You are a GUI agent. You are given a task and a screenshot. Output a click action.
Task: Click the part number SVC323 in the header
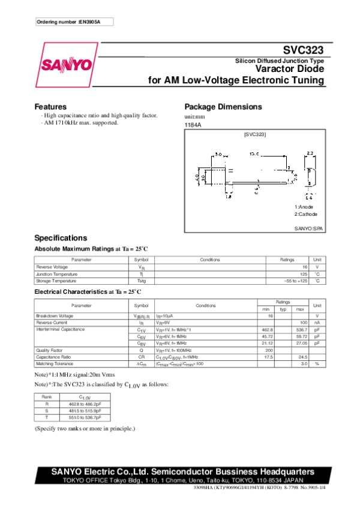tap(304, 52)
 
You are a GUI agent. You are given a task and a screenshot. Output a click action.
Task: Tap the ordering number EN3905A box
tap(73, 22)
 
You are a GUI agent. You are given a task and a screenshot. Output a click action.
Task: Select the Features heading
tap(50, 107)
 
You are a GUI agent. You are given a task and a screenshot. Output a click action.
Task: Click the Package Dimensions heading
tap(223, 107)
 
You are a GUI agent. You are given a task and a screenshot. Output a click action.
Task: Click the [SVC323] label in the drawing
tap(254, 135)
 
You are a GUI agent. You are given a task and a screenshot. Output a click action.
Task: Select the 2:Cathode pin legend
tap(305, 214)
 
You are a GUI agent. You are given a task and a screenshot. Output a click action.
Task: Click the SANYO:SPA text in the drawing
tap(308, 229)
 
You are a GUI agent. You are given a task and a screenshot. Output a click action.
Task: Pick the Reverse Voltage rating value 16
tap(305, 266)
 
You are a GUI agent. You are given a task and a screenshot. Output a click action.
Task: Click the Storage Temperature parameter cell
tap(56, 281)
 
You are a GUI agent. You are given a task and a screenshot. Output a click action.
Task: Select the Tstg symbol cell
tap(142, 281)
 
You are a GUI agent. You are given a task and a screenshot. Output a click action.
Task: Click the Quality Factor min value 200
tap(269, 350)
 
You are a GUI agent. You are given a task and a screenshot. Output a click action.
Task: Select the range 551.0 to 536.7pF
tap(85, 418)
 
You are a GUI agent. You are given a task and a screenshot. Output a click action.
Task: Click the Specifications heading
tap(61, 237)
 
